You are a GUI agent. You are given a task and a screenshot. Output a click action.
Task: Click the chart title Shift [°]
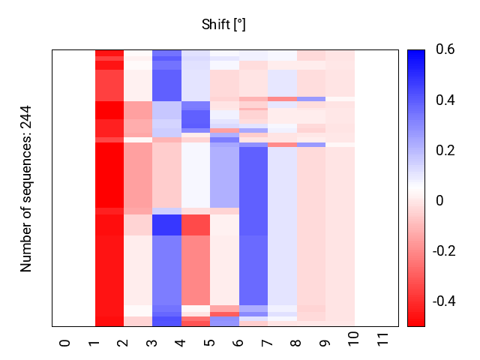[x=223, y=25]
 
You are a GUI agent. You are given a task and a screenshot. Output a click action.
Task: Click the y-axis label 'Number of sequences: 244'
[x=26, y=187]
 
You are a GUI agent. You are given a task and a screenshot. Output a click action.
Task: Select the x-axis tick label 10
[x=354, y=345]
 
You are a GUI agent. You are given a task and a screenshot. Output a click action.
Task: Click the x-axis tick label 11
[x=383, y=345]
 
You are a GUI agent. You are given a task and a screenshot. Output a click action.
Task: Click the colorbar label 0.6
[x=444, y=50]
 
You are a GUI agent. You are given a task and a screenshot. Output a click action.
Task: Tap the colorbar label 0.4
[x=444, y=100]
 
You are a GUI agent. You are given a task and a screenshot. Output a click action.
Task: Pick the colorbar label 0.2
[x=444, y=151]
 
